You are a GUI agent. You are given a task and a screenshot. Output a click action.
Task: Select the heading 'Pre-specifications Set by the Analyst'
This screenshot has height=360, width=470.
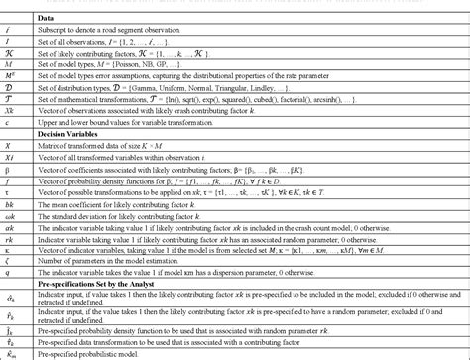(139, 282)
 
